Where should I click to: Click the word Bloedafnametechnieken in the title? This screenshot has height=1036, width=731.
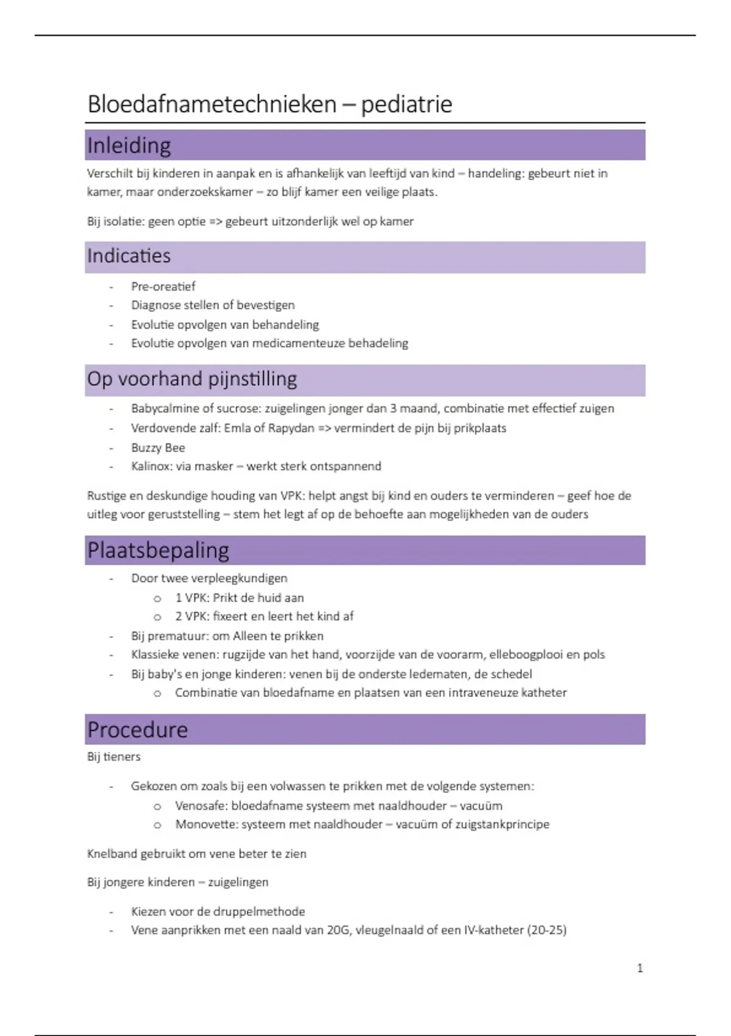[x=211, y=104]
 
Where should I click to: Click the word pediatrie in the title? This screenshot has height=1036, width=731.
[x=406, y=104]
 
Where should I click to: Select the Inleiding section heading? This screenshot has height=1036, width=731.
[x=129, y=146]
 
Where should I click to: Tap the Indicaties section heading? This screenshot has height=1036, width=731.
[x=129, y=256]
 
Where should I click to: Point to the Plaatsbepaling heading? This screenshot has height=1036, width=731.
[x=158, y=550]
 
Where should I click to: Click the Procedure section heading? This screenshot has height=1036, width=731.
[x=138, y=729]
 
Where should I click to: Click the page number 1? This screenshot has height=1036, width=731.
[x=640, y=968]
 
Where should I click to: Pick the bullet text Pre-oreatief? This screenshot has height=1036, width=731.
[x=163, y=286]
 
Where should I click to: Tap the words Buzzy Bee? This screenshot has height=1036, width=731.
[x=158, y=447]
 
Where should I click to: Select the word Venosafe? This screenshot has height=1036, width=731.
[x=201, y=806]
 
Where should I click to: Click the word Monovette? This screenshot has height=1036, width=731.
[x=205, y=825]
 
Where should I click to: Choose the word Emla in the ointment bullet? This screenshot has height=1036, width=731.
[x=237, y=428]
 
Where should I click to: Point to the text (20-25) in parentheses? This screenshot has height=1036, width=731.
[x=547, y=931]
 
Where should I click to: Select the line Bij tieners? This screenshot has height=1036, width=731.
[x=114, y=757]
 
